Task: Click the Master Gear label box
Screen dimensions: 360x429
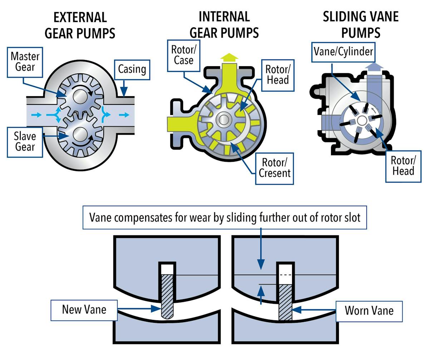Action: pos(25,62)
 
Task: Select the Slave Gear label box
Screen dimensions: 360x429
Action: pos(25,142)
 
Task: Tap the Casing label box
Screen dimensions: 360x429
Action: pos(132,69)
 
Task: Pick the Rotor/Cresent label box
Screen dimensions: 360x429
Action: pos(274,168)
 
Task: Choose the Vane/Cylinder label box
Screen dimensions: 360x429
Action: pos(343,51)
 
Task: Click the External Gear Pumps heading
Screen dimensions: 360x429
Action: pos(80,25)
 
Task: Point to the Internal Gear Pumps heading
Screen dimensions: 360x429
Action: pos(224,25)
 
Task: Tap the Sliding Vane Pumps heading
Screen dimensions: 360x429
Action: pos(360,25)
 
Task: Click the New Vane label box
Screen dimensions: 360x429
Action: pos(84,310)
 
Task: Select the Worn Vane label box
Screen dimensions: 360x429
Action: pos(369,310)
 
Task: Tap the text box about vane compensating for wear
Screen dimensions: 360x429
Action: pos(225,217)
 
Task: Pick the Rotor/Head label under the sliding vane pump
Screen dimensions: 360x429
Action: pos(403,165)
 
